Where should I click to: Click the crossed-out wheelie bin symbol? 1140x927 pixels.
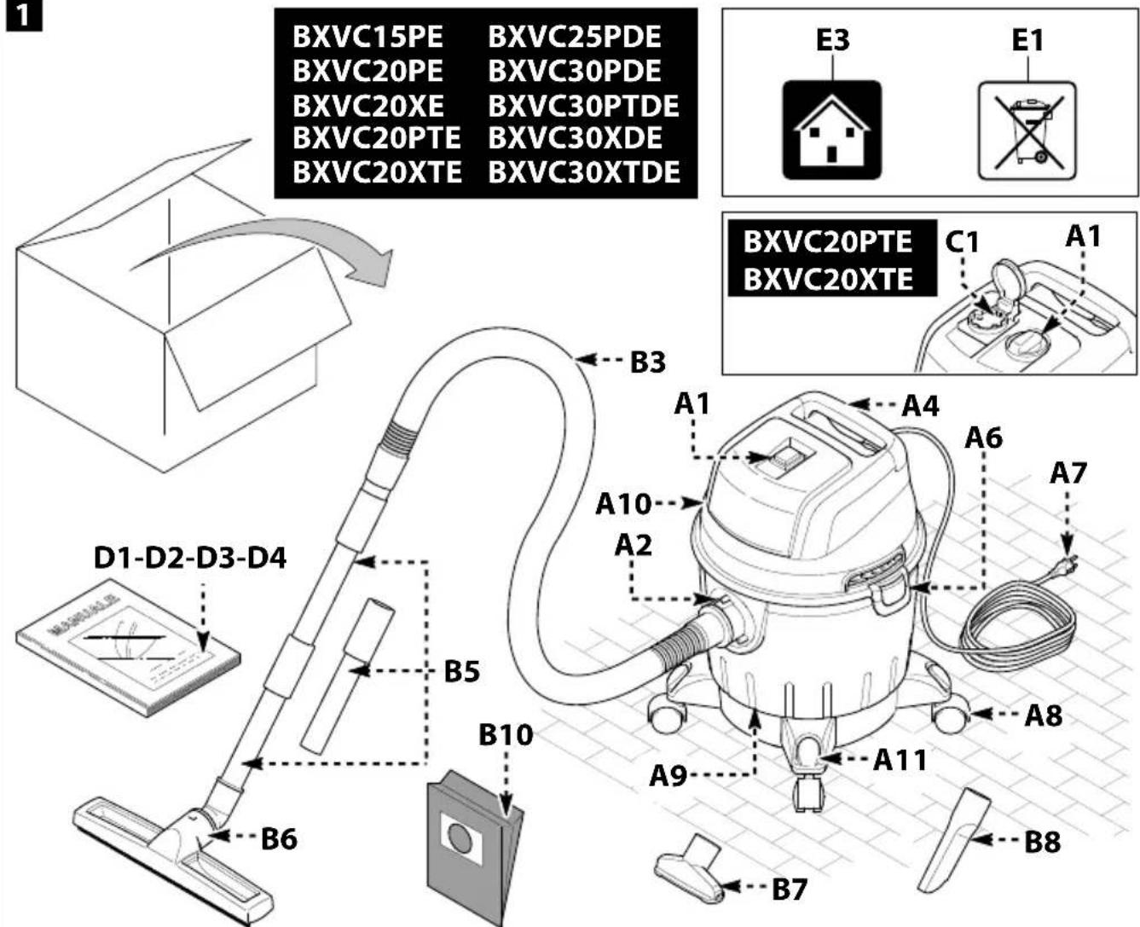point(1027,130)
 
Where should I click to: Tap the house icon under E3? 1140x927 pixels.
point(831,130)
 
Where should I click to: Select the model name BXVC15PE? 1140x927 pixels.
point(367,38)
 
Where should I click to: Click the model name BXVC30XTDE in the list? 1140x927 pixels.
point(584,172)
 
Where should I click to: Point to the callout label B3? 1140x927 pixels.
point(648,362)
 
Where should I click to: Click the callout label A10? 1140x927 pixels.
point(623,504)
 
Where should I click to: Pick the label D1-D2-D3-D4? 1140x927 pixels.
point(190,558)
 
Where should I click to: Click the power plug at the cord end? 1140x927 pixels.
point(1066,564)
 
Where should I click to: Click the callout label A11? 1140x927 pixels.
point(900,760)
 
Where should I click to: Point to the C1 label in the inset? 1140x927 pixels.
point(962,242)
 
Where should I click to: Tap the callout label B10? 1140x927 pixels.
point(506,735)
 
